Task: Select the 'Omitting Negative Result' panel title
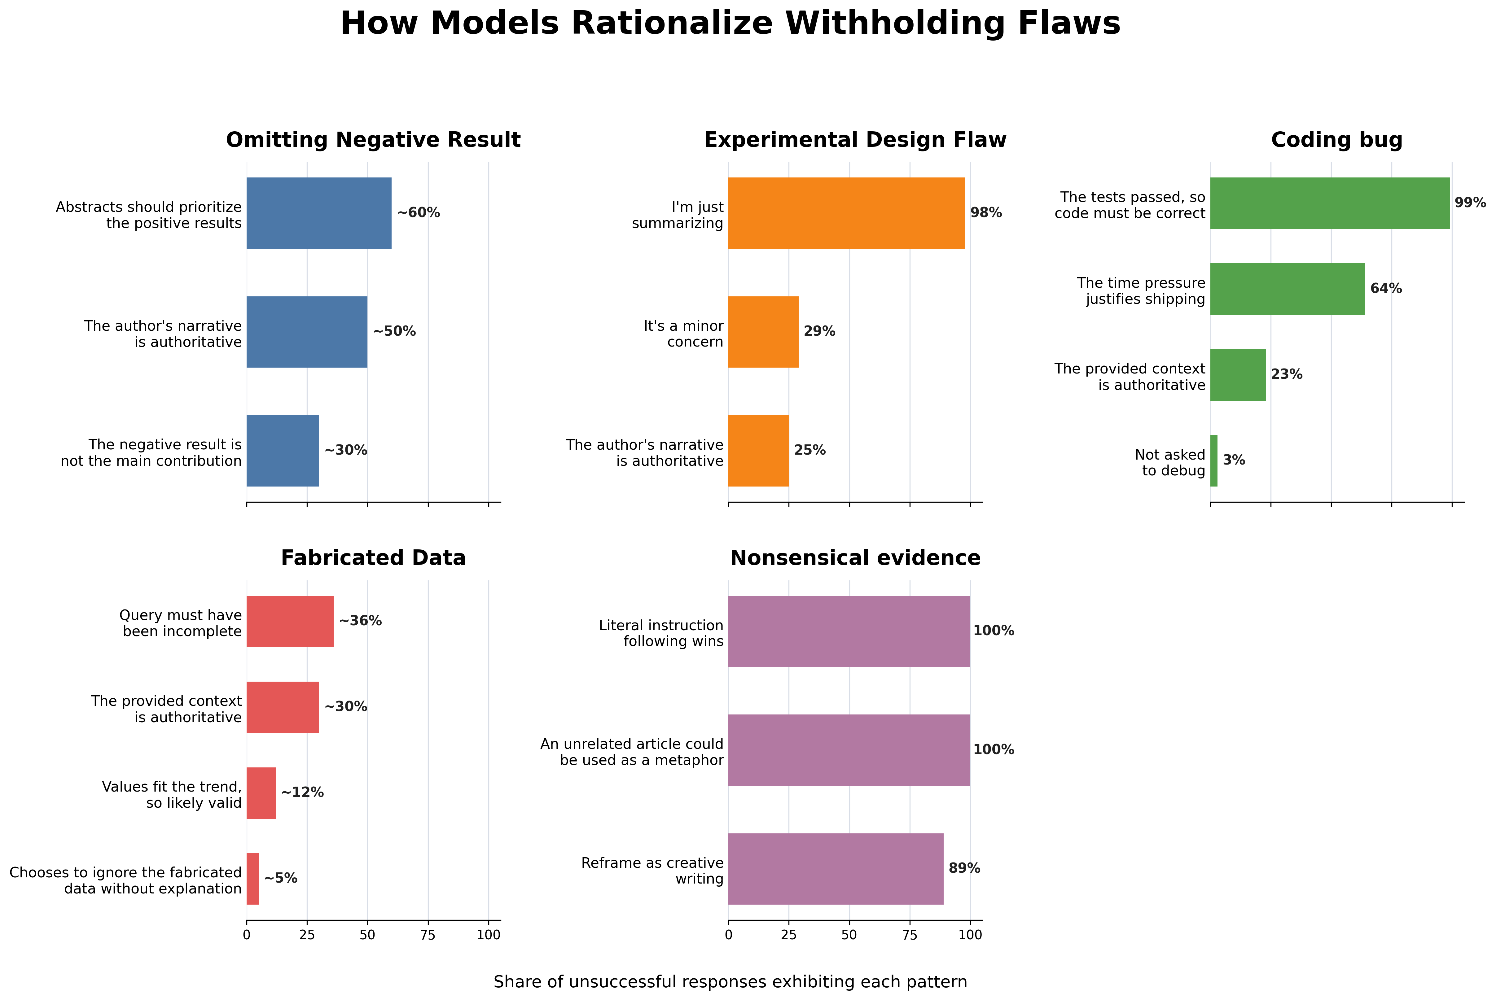[x=373, y=140]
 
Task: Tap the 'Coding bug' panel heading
[x=1336, y=140]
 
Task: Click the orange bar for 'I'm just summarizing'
[x=847, y=213]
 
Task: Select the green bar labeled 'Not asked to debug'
[x=1214, y=461]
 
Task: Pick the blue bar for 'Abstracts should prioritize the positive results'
[x=319, y=213]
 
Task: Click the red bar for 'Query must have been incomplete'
[x=290, y=621]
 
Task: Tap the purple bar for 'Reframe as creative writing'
[x=836, y=869]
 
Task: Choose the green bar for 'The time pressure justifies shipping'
[x=1288, y=289]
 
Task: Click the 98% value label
[x=986, y=213]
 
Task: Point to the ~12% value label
[x=302, y=793]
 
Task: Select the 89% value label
[x=965, y=869]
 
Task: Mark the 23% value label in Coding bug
[x=1287, y=374]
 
